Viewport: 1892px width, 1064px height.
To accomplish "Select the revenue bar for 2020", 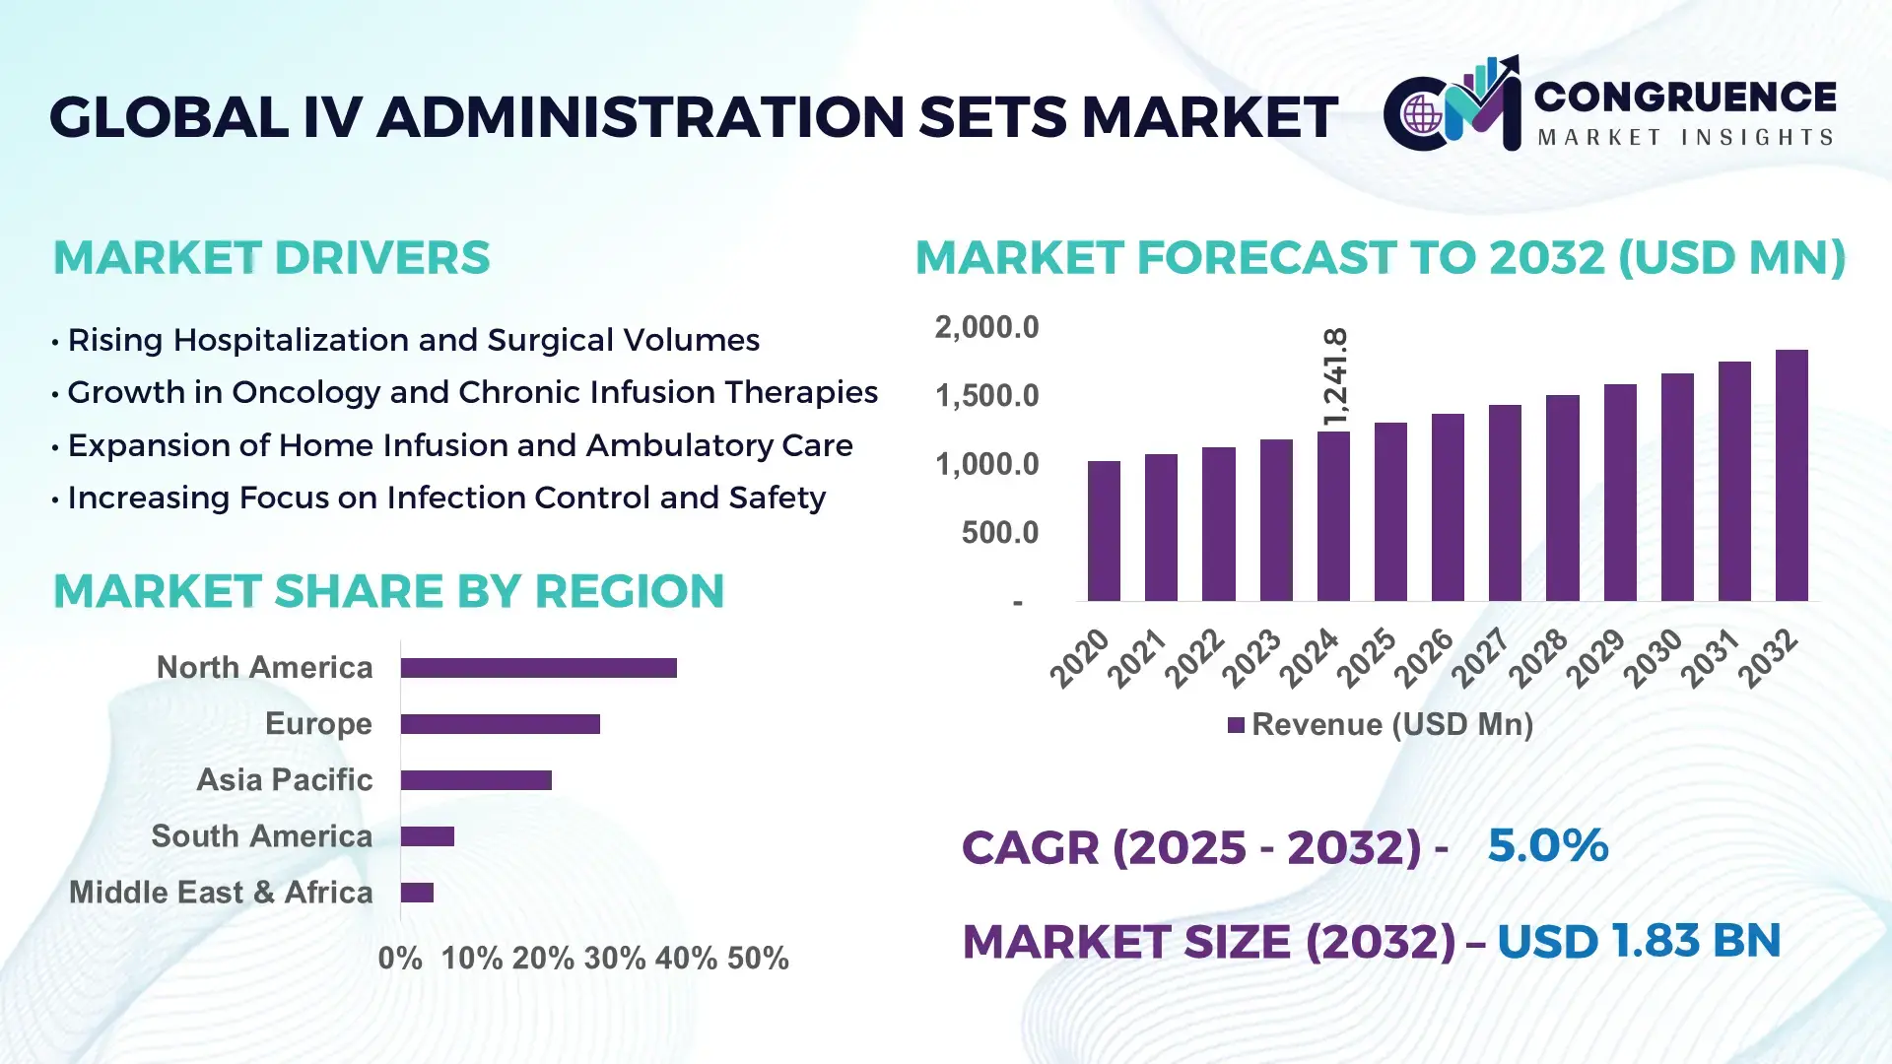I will pos(1104,531).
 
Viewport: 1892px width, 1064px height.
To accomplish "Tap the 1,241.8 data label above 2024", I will pos(1335,377).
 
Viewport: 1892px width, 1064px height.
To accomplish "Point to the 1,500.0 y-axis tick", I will pos(986,396).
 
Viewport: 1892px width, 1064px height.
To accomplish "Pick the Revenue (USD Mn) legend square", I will pos(1236,726).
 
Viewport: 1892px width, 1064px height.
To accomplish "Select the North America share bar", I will pos(538,668).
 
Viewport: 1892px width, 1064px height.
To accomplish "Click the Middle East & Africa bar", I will pos(417,893).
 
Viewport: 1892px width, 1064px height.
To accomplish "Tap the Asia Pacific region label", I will pos(284,780).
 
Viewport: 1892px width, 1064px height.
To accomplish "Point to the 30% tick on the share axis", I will pos(614,959).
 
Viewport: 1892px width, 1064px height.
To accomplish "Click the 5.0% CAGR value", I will pos(1547,845).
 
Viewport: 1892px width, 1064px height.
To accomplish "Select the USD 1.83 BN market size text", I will pos(1638,941).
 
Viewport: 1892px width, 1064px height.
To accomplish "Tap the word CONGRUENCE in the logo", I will pos(1685,97).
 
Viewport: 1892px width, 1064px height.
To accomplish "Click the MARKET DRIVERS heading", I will pos(271,258).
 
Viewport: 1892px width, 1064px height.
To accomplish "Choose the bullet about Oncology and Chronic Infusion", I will pos(472,392).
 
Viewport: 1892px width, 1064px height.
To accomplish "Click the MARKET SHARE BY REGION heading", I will pos(388,591).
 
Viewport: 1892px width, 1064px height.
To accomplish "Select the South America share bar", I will pos(427,836).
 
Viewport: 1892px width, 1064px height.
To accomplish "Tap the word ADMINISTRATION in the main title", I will pos(640,117).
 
